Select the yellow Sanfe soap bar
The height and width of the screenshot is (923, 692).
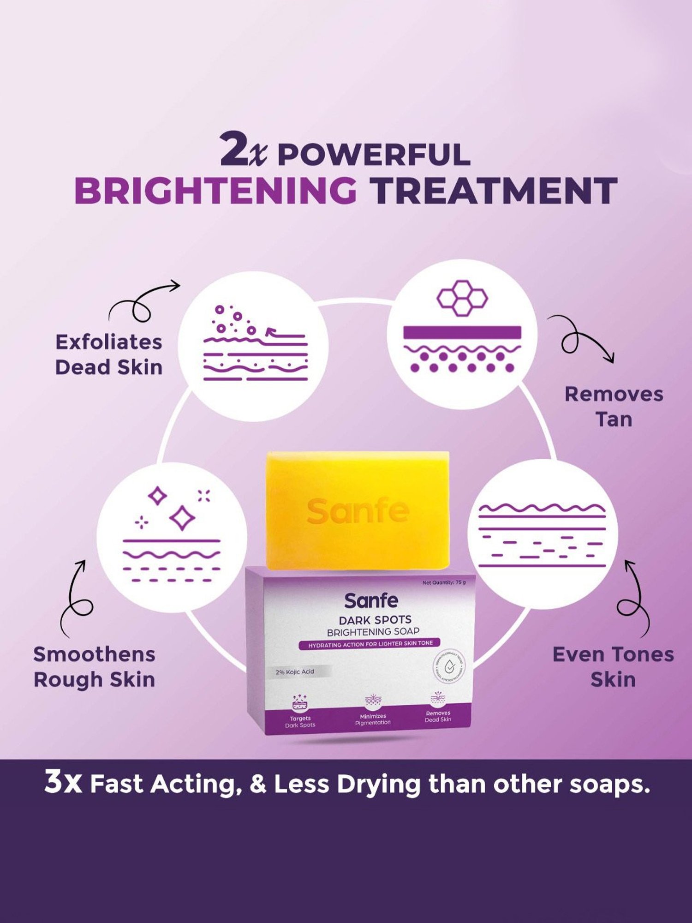(358, 510)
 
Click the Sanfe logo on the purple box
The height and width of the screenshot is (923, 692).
(371, 600)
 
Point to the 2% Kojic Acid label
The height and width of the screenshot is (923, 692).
(295, 671)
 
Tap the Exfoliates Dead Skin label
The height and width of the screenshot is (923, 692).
(109, 355)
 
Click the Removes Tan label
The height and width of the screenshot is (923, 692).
(614, 407)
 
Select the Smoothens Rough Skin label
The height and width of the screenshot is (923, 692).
(94, 667)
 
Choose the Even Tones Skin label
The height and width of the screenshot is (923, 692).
(613, 667)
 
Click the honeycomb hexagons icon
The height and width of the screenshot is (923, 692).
(462, 298)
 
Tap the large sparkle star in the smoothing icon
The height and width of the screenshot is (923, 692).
(182, 518)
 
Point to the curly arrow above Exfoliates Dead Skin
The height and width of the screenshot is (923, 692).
(142, 303)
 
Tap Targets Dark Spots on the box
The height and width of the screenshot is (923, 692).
(300, 721)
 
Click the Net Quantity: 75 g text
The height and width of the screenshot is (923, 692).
(444, 582)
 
